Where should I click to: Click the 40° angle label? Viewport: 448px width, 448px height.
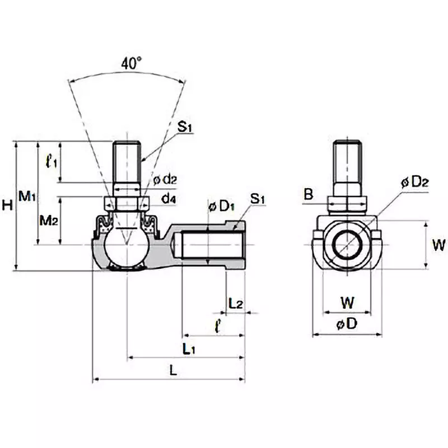pos(131,64)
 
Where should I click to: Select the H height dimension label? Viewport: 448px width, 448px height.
pos(7,206)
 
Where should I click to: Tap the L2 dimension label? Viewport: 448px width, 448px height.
pos(236,303)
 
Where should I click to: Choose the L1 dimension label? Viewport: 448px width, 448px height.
pos(189,348)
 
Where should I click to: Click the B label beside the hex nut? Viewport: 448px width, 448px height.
pos(309,194)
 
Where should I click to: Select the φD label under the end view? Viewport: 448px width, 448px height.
pos(347,324)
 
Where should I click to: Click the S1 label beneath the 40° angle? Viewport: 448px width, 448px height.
pos(185,127)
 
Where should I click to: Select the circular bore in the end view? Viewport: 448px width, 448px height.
pos(347,245)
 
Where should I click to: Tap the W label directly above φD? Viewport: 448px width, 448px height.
pos(347,303)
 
